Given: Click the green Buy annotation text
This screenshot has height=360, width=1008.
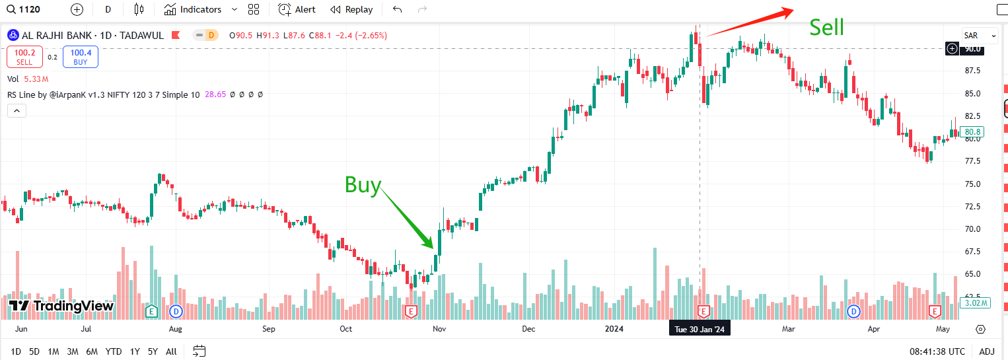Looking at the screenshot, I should [363, 186].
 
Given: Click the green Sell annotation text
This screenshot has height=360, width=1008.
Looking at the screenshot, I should [826, 27].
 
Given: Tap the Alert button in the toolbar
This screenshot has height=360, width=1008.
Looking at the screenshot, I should [297, 9].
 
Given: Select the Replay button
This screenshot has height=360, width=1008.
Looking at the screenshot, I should [351, 9].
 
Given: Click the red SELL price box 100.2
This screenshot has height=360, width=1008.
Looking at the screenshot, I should [24, 57].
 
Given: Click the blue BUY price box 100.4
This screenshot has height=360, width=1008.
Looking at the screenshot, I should [81, 57].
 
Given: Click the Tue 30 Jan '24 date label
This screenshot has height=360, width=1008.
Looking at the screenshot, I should [700, 328].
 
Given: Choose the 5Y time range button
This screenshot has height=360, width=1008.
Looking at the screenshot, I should [153, 351].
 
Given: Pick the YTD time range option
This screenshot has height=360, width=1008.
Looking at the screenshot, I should [114, 351].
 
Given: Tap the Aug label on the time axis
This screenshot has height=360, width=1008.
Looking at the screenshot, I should [176, 328].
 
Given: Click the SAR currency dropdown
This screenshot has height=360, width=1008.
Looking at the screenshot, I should [980, 36].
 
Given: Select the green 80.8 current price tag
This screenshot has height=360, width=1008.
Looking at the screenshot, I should [974, 132].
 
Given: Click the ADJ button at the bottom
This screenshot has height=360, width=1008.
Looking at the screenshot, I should [987, 351].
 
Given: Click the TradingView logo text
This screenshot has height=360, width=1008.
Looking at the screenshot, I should [61, 306].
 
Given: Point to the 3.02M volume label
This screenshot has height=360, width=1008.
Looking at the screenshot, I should [975, 303].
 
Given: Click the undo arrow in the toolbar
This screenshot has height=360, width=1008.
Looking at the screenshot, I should [397, 9].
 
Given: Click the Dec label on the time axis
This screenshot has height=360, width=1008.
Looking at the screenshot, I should [528, 328].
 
